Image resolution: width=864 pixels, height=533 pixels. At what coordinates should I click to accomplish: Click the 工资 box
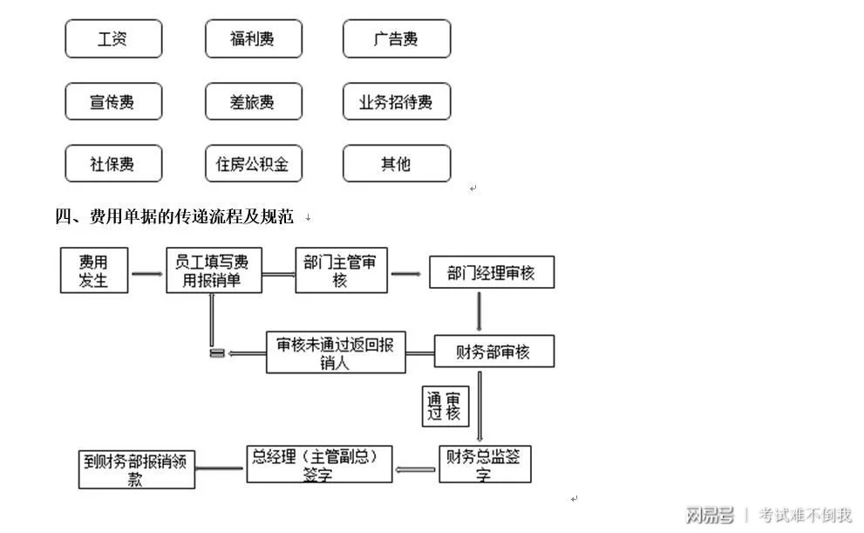click(113, 39)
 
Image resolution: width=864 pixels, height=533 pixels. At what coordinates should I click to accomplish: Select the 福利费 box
click(253, 39)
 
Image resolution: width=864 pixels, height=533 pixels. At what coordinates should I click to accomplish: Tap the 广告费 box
click(396, 39)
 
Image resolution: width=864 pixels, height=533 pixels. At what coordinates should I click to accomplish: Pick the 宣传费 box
click(113, 102)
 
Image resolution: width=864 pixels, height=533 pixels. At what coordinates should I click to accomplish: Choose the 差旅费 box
click(253, 102)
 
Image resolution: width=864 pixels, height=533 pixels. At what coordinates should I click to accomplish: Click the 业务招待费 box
click(396, 102)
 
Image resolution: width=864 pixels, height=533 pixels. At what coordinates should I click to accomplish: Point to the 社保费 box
click(113, 164)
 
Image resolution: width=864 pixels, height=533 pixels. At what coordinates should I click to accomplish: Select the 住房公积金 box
click(253, 164)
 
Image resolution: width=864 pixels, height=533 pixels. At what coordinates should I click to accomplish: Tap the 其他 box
click(396, 164)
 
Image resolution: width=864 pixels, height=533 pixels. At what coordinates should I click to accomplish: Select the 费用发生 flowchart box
click(93, 270)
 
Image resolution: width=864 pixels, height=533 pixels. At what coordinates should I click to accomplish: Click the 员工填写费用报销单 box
click(214, 270)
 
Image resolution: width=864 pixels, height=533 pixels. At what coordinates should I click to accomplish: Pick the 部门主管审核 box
click(341, 270)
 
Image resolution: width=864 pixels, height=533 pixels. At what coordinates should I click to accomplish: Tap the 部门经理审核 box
click(491, 273)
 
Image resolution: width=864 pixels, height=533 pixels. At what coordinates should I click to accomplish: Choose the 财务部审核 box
click(493, 352)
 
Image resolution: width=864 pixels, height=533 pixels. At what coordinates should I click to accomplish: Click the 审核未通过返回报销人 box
click(336, 353)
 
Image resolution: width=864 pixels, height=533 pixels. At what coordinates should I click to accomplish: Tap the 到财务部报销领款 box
click(136, 469)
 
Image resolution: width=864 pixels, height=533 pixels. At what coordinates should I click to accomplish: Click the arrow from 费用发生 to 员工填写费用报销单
click(147, 273)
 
